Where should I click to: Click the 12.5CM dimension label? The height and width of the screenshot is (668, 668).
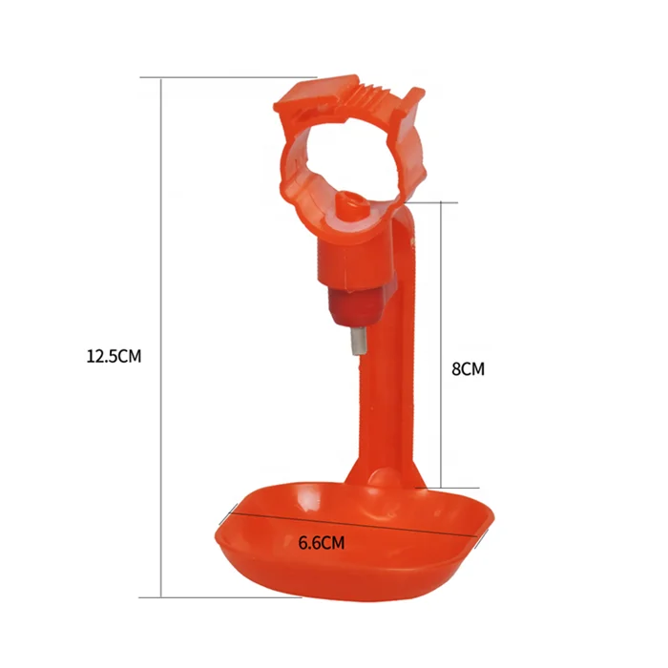click(114, 356)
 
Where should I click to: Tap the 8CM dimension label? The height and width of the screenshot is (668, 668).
click(468, 369)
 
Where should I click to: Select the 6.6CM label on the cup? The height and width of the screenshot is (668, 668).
click(322, 543)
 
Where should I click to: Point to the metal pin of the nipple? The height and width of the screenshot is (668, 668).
click(358, 342)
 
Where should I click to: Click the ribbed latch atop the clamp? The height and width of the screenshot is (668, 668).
click(362, 91)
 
